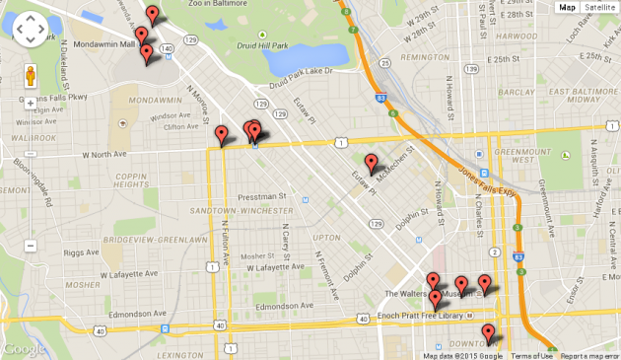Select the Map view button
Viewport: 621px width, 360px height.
pos(567,7)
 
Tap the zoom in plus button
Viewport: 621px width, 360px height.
pos(31,103)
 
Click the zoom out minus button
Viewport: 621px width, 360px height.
pos(31,245)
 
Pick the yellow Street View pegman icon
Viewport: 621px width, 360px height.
pos(31,76)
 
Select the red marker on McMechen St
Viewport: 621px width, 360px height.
pos(371,163)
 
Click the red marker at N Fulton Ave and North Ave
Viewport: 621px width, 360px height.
pos(221,135)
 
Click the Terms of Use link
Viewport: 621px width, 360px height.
pos(531,355)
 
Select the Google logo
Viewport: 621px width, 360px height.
pos(24,349)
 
